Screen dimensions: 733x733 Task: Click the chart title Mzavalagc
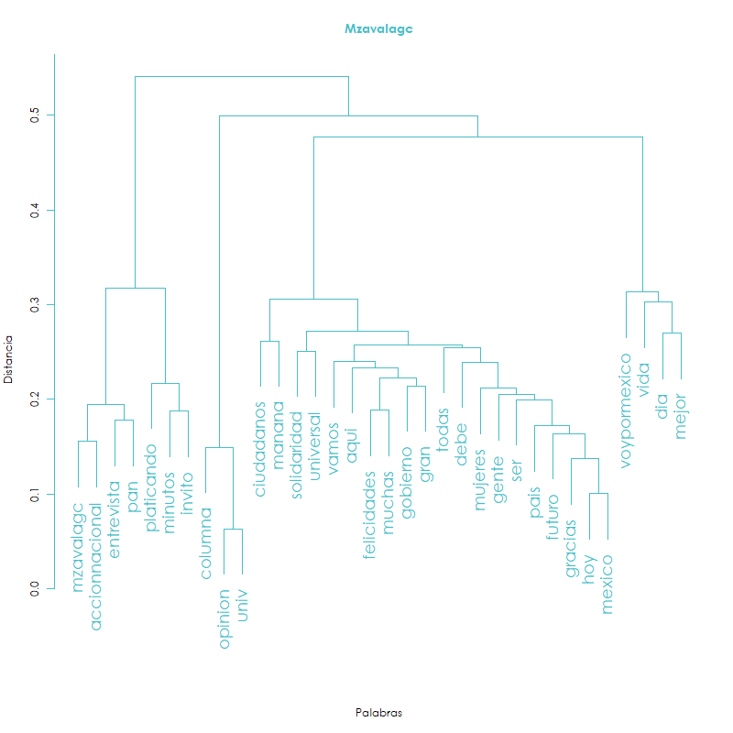tap(378, 29)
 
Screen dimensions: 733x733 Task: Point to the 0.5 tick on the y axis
tap(50, 115)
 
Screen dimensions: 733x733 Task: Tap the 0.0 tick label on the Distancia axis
tap(35, 588)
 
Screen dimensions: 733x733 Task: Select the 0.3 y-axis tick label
tap(35, 305)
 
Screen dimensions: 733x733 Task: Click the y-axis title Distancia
tap(8, 359)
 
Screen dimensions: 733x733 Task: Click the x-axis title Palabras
tap(378, 713)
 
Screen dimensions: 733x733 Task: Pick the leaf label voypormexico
tap(626, 410)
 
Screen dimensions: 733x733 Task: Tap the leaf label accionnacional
tap(95, 566)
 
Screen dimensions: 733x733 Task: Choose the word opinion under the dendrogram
tap(224, 619)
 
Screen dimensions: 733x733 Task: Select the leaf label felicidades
tap(370, 515)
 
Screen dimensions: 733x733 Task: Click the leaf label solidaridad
tap(296, 454)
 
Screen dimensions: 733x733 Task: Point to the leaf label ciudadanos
tap(260, 449)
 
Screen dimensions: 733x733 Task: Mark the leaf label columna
tap(205, 543)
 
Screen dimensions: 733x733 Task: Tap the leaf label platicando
tap(150, 487)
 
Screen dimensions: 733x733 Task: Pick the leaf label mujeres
tap(480, 479)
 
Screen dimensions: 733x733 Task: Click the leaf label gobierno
tap(407, 483)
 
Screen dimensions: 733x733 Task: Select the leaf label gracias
tap(571, 548)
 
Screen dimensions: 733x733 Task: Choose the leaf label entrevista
tap(114, 520)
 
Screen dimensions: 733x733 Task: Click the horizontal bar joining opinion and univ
tap(234, 530)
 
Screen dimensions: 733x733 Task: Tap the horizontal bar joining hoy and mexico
tap(598, 493)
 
